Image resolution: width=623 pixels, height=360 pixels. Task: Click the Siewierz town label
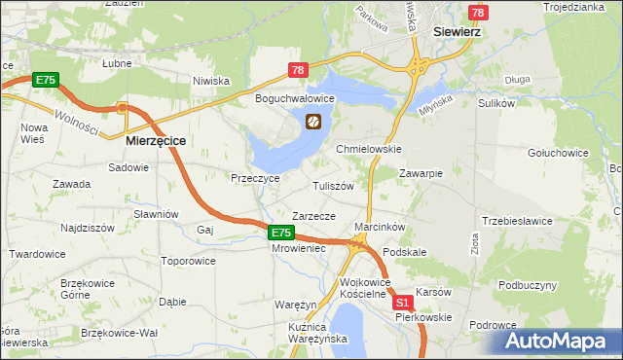coord(459,31)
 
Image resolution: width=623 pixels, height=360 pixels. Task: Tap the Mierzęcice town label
coord(157,140)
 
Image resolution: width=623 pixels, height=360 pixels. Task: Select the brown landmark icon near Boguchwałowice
coord(313,122)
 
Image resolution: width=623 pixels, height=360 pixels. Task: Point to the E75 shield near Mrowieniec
coord(280,233)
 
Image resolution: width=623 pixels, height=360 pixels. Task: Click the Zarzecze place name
coord(313,216)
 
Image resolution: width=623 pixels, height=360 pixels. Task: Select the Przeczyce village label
coord(255,179)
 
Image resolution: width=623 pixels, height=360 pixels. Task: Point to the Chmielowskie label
coord(369,149)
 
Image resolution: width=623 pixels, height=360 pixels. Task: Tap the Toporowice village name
coord(188,261)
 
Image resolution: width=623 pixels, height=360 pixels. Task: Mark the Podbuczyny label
coord(528,285)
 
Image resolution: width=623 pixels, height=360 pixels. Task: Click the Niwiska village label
coord(210,81)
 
